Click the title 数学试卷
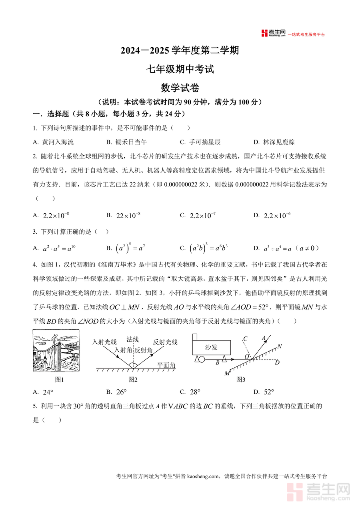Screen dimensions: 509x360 point(180,88)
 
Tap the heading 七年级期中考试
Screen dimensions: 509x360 point(180,69)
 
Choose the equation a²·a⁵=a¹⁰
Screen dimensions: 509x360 point(60,248)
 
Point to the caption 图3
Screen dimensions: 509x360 point(240,379)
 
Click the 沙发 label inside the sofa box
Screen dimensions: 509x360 point(211,347)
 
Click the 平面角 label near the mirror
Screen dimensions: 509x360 point(166,365)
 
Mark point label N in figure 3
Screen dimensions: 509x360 point(279,346)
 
